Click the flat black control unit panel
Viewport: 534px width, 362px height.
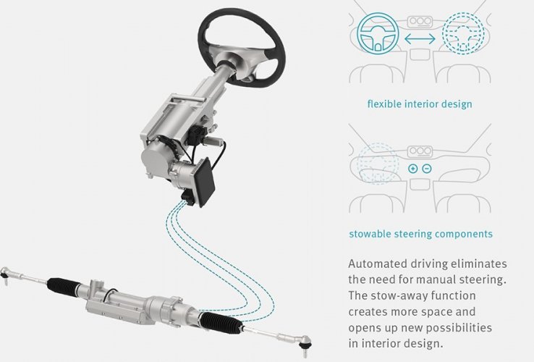(204, 182)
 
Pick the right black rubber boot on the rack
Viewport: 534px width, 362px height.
(221, 322)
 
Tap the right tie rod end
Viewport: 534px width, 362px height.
(304, 342)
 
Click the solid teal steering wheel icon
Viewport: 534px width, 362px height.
(377, 33)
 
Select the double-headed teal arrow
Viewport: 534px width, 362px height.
(420, 39)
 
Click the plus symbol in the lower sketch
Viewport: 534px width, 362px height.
(412, 169)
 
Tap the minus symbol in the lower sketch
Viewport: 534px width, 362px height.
(427, 169)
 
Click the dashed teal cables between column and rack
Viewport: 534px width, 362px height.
(218, 259)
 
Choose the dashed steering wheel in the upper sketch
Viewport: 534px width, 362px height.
(463, 33)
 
